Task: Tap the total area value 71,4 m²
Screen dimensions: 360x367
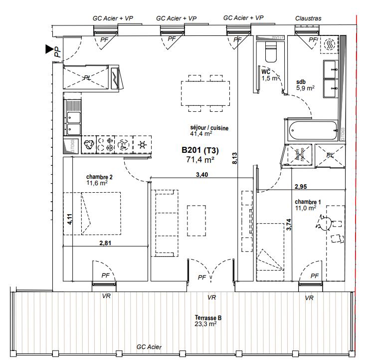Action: click(x=200, y=160)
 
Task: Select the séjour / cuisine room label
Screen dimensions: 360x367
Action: click(x=209, y=128)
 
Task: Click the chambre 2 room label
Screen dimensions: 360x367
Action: click(x=99, y=177)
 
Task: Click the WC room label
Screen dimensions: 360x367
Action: click(x=266, y=71)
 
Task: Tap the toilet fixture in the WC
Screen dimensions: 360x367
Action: click(x=270, y=52)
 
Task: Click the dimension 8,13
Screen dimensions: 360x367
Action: click(x=234, y=159)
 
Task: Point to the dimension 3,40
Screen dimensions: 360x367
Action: click(x=201, y=174)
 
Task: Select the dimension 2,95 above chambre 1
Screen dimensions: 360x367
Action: click(x=300, y=187)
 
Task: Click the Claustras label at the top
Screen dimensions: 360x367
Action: click(x=308, y=18)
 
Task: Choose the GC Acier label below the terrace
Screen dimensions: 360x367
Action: click(x=149, y=347)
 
